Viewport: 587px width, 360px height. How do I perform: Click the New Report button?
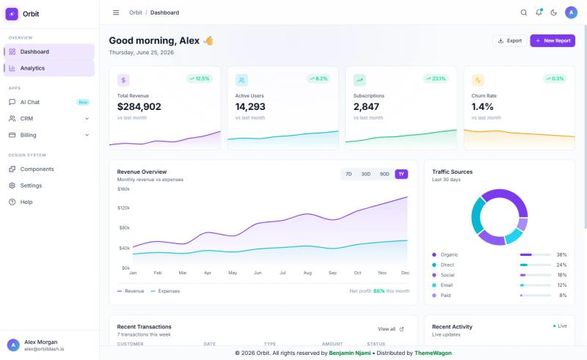[553, 41]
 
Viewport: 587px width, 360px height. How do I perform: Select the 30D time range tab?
[365, 174]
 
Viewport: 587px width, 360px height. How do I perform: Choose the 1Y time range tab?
[401, 174]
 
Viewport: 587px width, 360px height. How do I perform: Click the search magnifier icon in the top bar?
[524, 12]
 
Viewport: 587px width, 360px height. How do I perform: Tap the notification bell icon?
[539, 12]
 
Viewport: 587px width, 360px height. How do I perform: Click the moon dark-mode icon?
[554, 12]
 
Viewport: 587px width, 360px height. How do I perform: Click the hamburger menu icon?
[116, 12]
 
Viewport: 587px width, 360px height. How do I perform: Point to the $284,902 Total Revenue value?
[139, 106]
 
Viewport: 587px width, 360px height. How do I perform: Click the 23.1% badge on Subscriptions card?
[436, 78]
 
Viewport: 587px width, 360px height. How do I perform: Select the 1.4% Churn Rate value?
[482, 106]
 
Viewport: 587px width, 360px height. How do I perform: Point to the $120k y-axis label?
[123, 207]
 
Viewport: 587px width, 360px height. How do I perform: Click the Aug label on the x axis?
[307, 273]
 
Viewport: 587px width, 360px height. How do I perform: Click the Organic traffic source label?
[449, 255]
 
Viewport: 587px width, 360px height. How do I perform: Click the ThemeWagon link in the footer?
[433, 353]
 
